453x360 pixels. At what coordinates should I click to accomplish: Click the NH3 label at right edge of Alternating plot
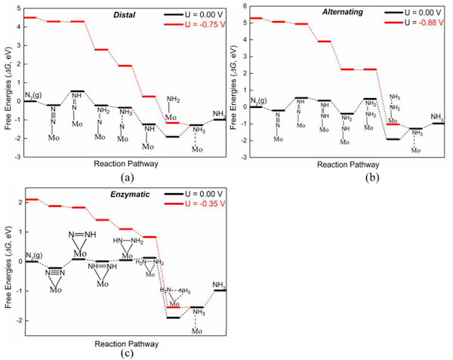click(x=437, y=116)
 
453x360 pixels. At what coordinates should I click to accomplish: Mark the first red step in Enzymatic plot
click(x=32, y=199)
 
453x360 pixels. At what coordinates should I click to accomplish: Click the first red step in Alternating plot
click(x=255, y=18)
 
